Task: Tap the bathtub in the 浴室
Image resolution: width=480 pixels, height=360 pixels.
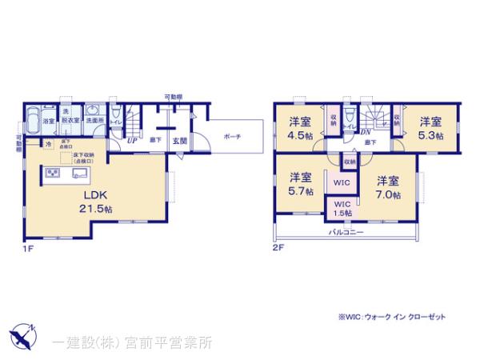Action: coord(34,122)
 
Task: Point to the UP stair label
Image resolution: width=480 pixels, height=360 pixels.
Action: coord(130,140)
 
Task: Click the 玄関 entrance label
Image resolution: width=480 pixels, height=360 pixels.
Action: coord(180,141)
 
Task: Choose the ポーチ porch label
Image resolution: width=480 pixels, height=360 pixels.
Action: coord(233,135)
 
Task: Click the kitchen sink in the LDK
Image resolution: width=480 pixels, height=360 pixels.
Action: coord(82,173)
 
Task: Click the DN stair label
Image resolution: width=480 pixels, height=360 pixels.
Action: coord(365,132)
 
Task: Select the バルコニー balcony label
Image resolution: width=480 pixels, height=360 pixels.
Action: coord(347,232)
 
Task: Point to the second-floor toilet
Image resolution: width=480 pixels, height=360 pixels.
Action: coord(350,122)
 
